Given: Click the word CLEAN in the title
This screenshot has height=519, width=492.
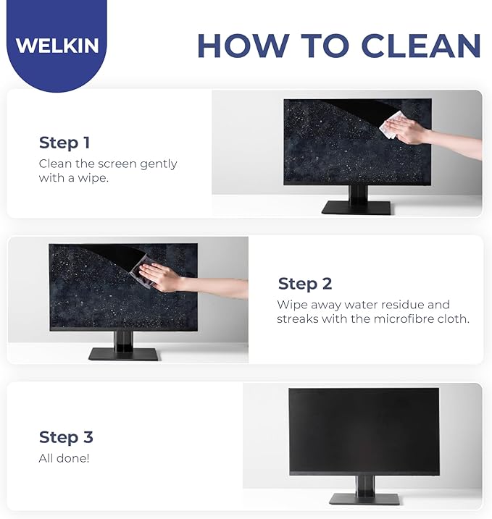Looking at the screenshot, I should coord(421,46).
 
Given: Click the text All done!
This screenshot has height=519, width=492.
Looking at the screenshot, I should coord(64,458).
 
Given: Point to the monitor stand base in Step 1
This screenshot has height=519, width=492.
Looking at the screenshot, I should coord(357,208).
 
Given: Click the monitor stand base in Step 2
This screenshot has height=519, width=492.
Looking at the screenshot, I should coord(123,354).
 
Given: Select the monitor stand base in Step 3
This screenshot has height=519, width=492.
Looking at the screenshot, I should coord(364,499).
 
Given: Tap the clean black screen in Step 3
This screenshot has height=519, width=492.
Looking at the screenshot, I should coord(364,431).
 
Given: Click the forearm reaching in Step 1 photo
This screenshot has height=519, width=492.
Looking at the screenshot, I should coord(456,145).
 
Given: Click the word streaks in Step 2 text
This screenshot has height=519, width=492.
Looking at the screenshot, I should coord(297,318).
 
